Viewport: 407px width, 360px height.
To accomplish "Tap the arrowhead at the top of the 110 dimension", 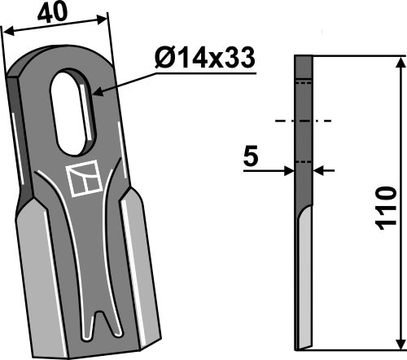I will point(399,63).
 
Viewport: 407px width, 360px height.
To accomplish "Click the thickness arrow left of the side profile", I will point(289,170).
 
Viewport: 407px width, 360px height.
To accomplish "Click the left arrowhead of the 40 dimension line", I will point(7,30).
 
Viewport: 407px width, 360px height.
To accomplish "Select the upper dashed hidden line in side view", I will point(303,82).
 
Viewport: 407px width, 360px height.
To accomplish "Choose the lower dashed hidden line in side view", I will point(303,162).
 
